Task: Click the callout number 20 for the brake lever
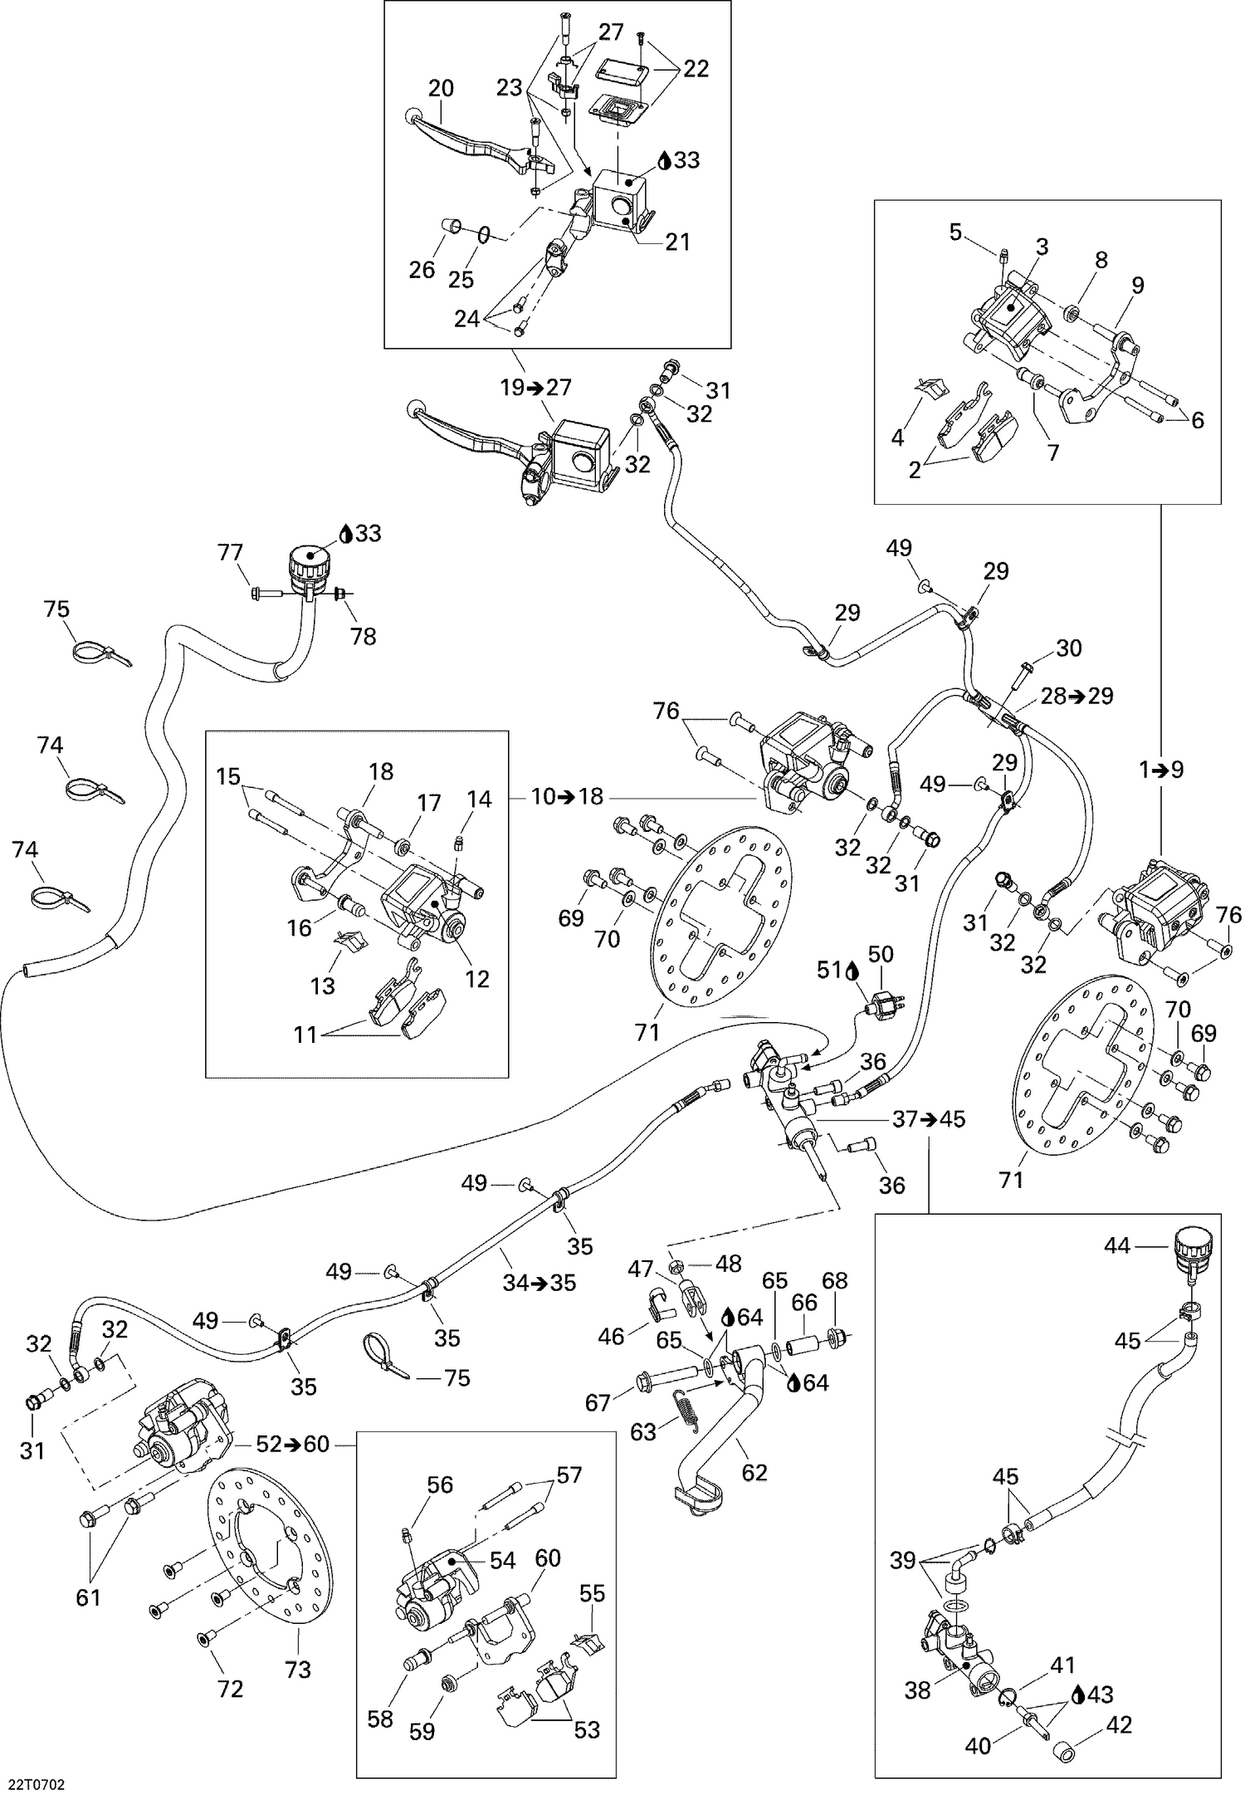click(x=441, y=88)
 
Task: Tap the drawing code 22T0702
click(x=37, y=1780)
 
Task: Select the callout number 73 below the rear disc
click(x=298, y=1669)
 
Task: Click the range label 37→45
click(x=929, y=1119)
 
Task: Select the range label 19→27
click(x=536, y=387)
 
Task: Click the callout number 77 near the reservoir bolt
click(x=230, y=552)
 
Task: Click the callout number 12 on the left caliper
click(x=477, y=980)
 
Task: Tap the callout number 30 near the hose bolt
click(x=1068, y=648)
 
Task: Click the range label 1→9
click(x=1161, y=770)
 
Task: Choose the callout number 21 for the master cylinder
click(x=676, y=242)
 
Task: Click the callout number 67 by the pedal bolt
click(x=598, y=1403)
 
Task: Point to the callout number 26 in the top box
click(x=422, y=269)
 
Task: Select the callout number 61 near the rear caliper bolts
click(x=88, y=1597)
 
